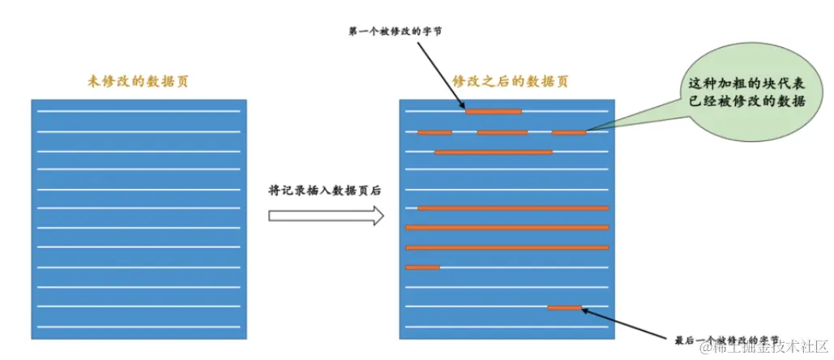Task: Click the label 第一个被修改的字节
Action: (395, 32)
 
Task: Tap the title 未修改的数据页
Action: (139, 81)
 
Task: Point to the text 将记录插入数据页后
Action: (324, 191)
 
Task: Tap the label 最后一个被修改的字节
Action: (727, 340)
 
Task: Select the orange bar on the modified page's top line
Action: (493, 111)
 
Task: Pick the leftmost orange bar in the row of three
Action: (434, 131)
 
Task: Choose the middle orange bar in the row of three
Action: (502, 131)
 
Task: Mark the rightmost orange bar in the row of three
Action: (568, 131)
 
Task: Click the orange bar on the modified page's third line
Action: (493, 152)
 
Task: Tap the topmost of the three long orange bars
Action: (512, 208)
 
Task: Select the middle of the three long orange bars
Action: (507, 228)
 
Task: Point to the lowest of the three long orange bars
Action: (507, 247)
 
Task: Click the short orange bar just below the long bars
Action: (422, 267)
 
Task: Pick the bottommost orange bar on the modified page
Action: (564, 307)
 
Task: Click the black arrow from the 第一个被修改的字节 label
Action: (442, 75)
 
